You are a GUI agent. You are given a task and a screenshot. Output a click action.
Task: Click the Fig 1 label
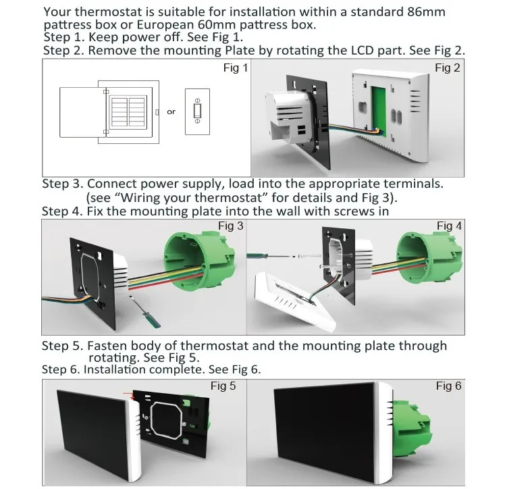[x=236, y=69]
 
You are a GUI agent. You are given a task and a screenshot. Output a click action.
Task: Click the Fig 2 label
[x=448, y=68]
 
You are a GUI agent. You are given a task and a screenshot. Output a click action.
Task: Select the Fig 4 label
[x=449, y=226]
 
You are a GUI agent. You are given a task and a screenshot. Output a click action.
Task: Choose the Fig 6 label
[x=448, y=386]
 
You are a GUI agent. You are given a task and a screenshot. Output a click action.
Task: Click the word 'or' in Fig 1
[x=171, y=112]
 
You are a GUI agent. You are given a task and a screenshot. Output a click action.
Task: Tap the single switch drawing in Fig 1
[x=197, y=111]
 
